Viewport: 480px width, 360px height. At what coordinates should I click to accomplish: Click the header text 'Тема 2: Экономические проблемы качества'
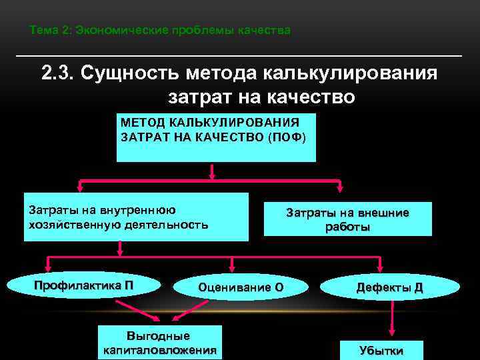[x=160, y=31]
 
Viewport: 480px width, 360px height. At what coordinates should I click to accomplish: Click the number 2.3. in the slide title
[x=59, y=73]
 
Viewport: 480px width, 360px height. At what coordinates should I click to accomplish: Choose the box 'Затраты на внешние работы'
[x=347, y=219]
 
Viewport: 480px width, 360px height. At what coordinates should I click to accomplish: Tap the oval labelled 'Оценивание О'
[x=241, y=287]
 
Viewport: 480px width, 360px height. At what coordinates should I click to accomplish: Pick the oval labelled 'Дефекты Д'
[x=390, y=287]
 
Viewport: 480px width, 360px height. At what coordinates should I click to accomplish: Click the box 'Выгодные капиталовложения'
[x=160, y=342]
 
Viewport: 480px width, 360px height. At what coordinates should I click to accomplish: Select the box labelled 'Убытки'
[x=381, y=349]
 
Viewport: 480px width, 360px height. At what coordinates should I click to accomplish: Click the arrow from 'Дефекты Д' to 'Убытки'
[x=390, y=320]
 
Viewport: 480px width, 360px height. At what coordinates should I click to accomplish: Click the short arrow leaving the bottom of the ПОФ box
[x=212, y=171]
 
